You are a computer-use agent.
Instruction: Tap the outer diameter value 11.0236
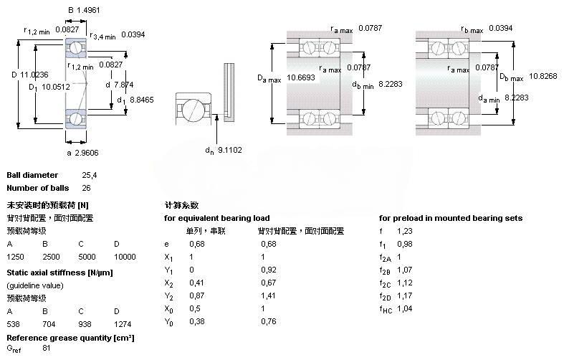coord(35,74)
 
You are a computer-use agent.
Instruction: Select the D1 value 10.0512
coord(55,87)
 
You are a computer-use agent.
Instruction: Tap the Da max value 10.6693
coord(302,77)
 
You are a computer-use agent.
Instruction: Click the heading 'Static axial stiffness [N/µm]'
coord(59,273)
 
